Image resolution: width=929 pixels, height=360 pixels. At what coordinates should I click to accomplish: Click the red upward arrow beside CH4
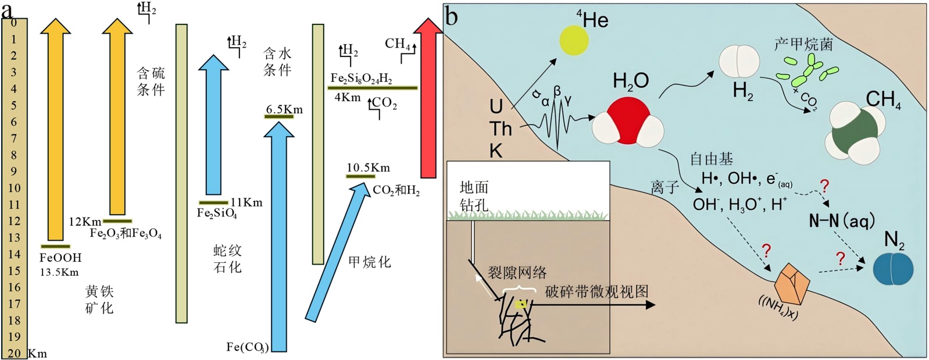[428, 99]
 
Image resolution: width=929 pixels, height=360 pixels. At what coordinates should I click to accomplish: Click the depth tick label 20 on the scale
[14, 353]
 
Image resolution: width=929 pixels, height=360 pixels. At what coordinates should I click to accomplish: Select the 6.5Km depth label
[284, 109]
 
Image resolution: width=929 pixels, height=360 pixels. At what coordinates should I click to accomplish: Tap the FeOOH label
[60, 258]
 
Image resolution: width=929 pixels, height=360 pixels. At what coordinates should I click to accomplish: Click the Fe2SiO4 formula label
[217, 213]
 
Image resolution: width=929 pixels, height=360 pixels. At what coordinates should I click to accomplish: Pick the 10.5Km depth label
[368, 168]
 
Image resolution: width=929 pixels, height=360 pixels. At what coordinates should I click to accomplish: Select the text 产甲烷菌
[803, 45]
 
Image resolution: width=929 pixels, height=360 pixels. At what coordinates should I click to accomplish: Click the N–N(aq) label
[841, 220]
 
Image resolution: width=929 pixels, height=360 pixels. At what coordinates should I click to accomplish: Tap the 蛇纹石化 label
[227, 259]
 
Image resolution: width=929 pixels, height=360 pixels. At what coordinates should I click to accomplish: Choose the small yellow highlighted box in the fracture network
[521, 304]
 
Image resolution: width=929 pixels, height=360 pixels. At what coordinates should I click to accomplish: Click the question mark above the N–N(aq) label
[824, 187]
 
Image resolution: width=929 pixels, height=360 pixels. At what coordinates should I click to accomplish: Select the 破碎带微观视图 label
[596, 291]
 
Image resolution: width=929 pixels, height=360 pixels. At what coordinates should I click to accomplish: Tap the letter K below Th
[496, 151]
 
